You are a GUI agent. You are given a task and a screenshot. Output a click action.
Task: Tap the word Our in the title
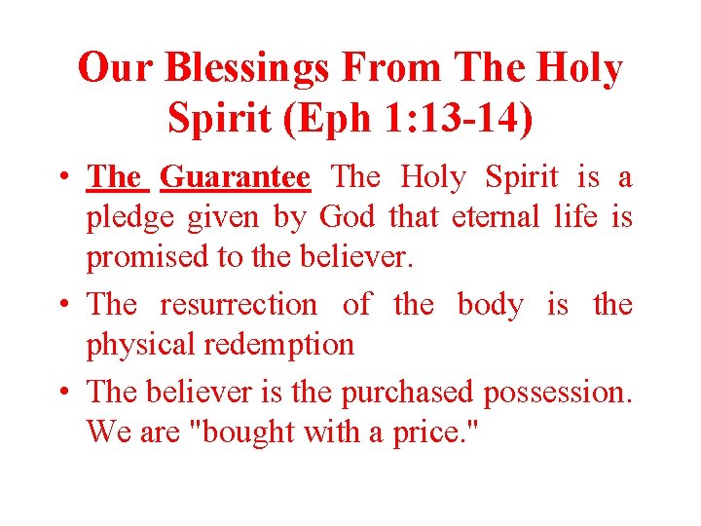coord(117,69)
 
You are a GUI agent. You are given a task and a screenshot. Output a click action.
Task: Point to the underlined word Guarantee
coord(235,177)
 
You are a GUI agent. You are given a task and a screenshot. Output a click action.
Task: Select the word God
coord(347,216)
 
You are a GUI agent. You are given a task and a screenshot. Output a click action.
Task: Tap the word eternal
coord(494,216)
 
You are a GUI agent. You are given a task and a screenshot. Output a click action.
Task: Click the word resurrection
coord(238,304)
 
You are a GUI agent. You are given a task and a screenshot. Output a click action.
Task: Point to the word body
coord(490,304)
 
